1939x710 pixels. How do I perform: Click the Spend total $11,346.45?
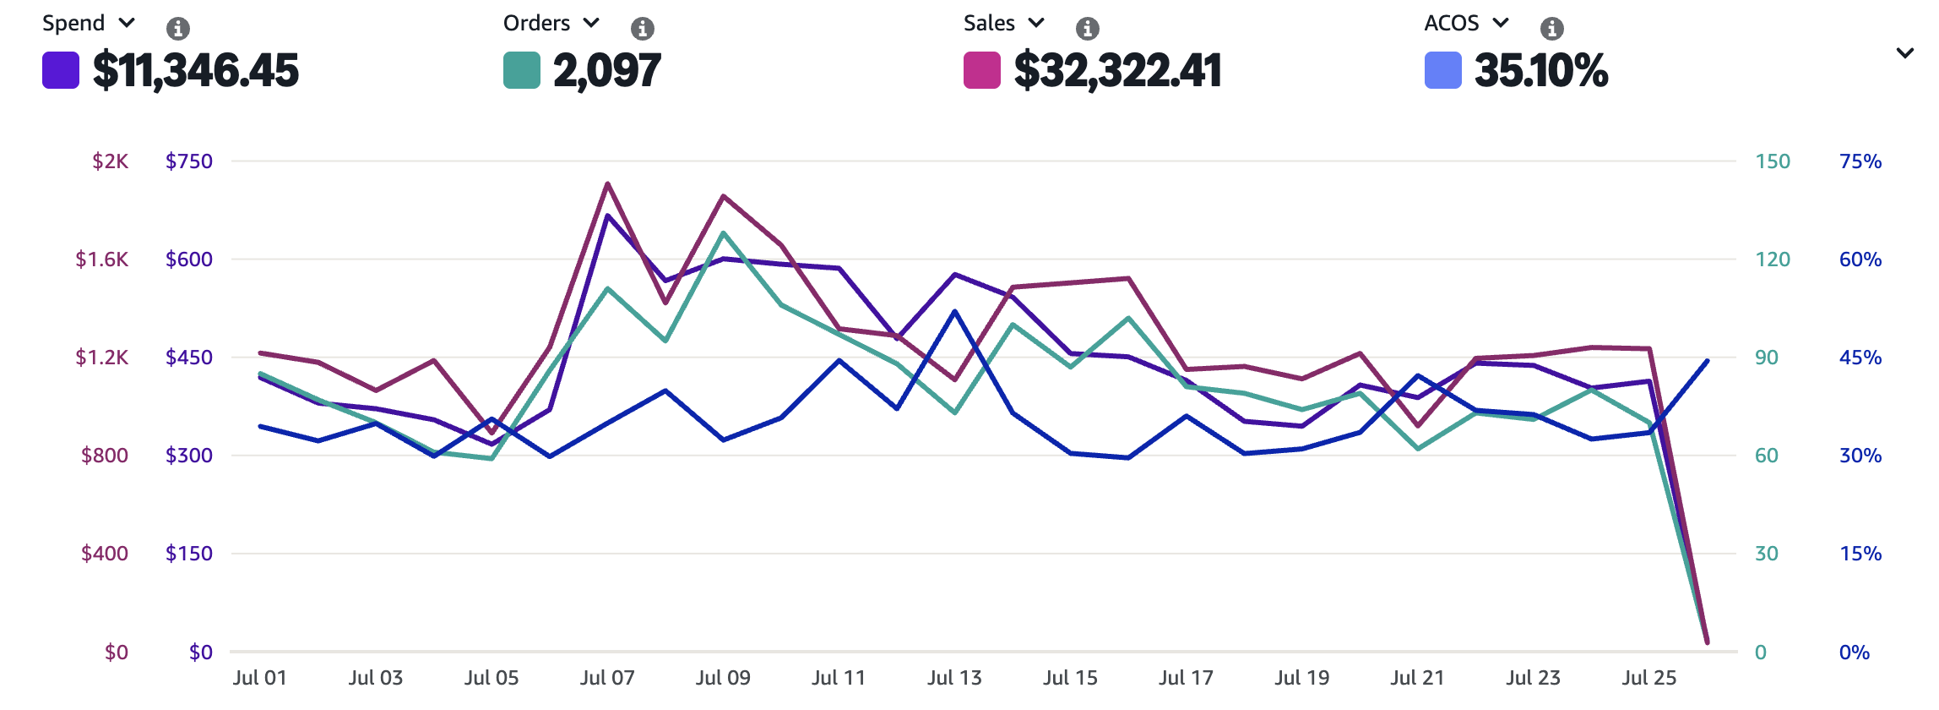195,70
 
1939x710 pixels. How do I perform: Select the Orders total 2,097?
606,70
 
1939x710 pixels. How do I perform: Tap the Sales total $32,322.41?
1117,70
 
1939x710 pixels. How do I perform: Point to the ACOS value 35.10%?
1540,70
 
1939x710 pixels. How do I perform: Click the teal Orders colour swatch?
521,70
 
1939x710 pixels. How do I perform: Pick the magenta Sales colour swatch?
981,70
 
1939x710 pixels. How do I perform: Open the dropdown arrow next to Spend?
127,23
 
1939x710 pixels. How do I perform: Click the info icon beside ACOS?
1551,29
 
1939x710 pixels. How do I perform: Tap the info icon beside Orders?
642,29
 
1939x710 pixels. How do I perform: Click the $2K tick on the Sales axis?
111,161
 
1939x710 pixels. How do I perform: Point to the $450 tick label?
189,358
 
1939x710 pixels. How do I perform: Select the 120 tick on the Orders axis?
1772,259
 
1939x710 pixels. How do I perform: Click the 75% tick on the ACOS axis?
1860,161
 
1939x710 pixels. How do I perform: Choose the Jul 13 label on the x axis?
954,678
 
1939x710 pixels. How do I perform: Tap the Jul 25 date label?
1648,678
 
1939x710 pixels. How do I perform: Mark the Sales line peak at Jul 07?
608,183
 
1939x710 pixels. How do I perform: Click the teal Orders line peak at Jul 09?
724,233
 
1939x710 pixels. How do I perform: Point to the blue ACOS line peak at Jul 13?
955,311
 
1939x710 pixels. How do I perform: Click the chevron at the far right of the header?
1904,53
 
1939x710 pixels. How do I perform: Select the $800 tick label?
105,456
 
